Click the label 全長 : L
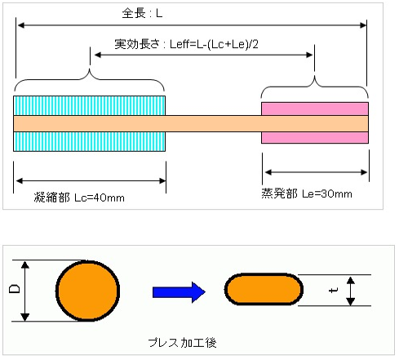tap(141, 14)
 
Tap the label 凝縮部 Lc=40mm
tap(79, 198)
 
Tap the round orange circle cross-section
tap(88, 291)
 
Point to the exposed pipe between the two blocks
tap(213, 122)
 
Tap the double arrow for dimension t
tap(350, 291)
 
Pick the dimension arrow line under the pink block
tap(314, 173)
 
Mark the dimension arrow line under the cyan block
tap(90, 180)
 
